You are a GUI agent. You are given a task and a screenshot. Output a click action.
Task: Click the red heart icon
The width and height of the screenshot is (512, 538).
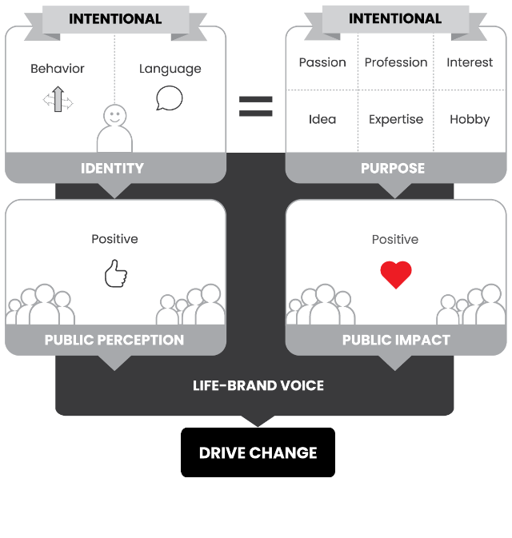pos(395,274)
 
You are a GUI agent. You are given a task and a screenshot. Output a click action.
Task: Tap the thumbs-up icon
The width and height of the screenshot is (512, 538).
pos(115,273)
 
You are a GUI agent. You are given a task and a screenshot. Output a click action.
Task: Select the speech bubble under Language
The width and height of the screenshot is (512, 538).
pos(170,98)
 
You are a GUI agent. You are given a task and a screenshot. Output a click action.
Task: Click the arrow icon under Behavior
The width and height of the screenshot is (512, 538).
pos(58,101)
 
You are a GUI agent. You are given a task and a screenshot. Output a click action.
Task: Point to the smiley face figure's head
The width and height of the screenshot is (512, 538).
pos(114,116)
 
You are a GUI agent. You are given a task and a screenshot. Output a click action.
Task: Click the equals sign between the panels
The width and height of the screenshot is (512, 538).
pos(255,106)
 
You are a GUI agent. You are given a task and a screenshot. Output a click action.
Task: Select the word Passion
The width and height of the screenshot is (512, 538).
pos(322,62)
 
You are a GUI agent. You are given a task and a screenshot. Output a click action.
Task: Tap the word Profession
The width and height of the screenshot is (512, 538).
pos(396,62)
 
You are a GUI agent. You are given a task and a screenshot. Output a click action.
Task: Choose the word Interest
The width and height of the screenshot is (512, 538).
pos(470,62)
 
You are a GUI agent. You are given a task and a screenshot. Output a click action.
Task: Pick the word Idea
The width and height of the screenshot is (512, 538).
pos(322,119)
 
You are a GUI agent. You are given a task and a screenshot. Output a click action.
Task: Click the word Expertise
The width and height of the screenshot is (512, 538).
pos(396,119)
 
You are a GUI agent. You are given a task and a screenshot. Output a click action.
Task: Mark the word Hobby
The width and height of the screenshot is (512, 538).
pos(470,119)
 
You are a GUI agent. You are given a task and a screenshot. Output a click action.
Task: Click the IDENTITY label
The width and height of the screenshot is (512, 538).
pos(112,169)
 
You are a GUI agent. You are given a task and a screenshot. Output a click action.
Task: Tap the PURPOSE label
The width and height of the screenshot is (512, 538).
pos(393,169)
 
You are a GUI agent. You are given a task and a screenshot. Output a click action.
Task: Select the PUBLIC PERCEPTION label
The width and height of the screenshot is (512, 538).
pos(114,340)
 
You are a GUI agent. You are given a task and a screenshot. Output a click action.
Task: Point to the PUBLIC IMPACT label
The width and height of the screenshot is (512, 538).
pos(396,340)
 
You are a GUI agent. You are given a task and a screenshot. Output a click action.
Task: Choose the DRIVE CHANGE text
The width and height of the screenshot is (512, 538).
pos(258,453)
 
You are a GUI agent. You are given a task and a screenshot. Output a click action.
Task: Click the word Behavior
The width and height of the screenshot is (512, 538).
pos(58,69)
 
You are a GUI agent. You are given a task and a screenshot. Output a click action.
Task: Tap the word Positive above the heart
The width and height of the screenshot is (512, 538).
pos(395,239)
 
